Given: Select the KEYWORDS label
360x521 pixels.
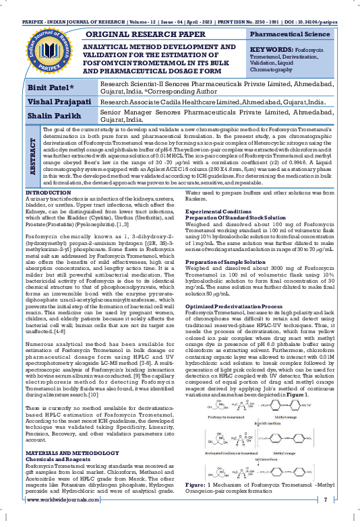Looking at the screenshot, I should [x=273, y=49].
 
